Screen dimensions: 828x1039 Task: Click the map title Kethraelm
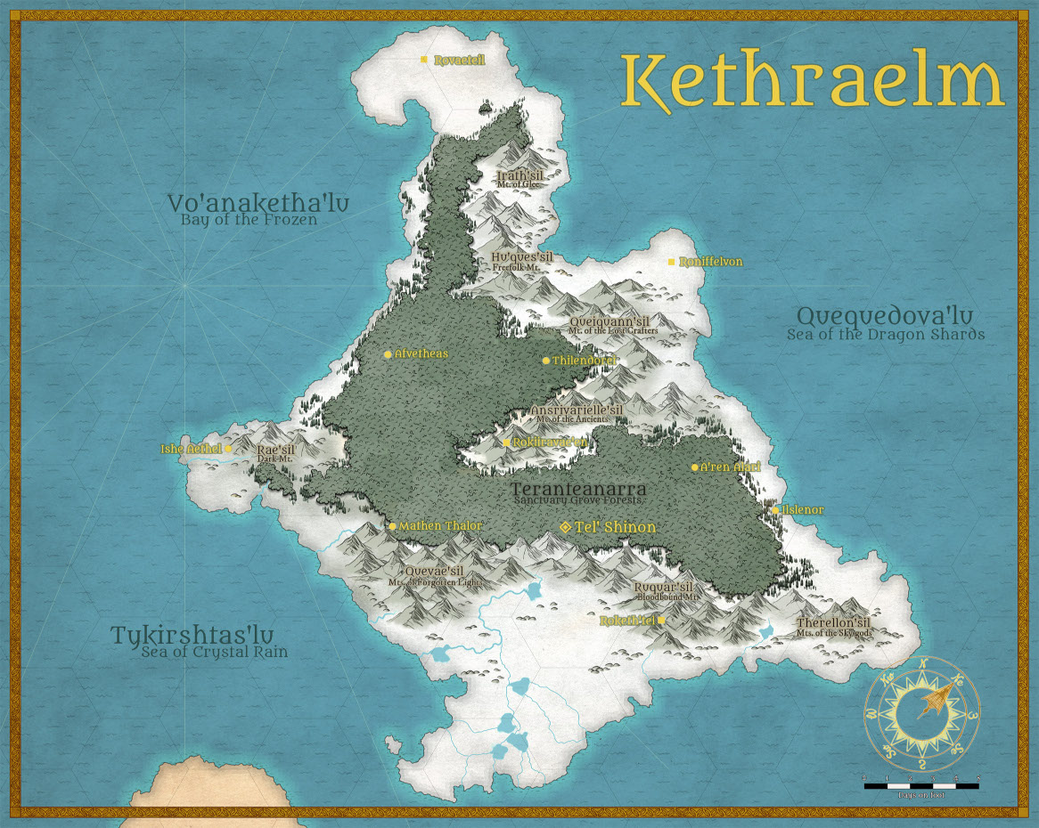pos(812,83)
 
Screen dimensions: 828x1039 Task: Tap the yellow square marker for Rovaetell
pos(425,60)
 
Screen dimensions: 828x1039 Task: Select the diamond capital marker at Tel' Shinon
pos(565,527)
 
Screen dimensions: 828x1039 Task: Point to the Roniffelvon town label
pos(710,263)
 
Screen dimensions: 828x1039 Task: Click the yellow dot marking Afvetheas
pos(388,354)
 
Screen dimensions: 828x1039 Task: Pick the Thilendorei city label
pos(585,361)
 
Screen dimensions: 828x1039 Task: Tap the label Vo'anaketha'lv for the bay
pos(258,203)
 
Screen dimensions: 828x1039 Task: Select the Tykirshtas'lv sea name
pos(200,636)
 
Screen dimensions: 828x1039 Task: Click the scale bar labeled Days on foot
pos(921,785)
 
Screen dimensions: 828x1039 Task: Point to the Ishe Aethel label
pos(191,449)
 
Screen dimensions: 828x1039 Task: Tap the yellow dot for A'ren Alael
pos(695,467)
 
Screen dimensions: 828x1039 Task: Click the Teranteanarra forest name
pos(578,489)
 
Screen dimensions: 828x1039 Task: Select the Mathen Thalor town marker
pos(392,526)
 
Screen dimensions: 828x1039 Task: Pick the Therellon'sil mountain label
pos(833,622)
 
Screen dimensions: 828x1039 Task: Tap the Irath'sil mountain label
pos(520,176)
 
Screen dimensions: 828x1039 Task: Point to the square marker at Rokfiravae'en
pos(506,442)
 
